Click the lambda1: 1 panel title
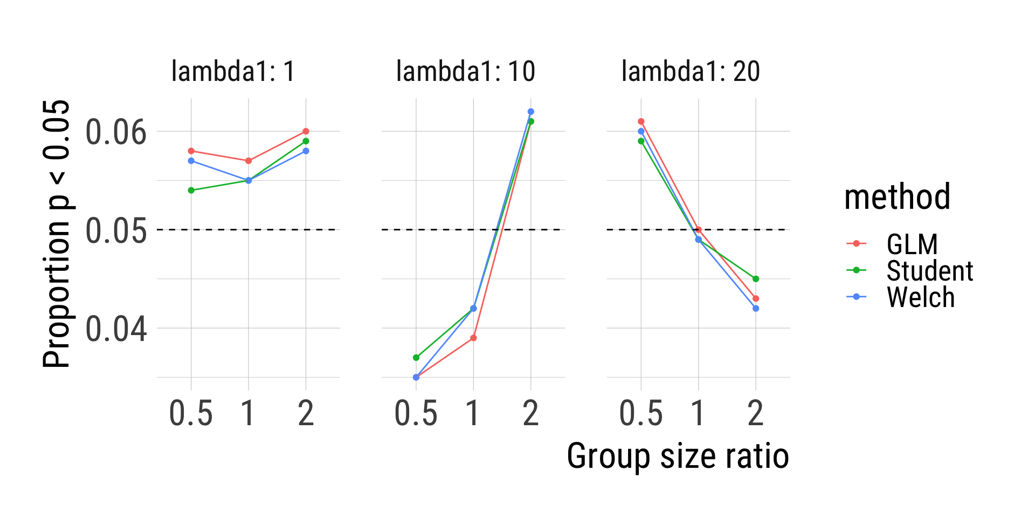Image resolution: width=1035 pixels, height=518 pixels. (233, 71)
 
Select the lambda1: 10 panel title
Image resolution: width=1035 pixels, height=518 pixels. (465, 71)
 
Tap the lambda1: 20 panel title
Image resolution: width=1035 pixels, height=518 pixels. (691, 71)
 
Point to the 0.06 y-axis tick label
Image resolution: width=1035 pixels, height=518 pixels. (116, 132)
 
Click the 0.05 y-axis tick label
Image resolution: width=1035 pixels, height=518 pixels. (116, 230)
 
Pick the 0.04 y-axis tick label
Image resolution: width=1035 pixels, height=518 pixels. (116, 329)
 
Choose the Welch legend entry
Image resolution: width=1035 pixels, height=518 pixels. (920, 297)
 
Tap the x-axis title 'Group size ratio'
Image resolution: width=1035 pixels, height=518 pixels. (678, 456)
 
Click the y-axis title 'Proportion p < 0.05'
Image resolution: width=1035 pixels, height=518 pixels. (56, 234)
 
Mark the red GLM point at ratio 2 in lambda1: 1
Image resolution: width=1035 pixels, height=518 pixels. (306, 131)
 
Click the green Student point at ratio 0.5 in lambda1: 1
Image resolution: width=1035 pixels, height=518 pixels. (191, 190)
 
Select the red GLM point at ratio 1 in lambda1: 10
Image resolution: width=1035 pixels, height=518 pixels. (473, 338)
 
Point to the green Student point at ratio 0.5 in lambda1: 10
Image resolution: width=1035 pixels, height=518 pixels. (416, 358)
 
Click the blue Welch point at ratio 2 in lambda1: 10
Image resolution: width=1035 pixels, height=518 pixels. (531, 112)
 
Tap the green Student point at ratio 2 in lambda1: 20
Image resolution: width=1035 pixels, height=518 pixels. (756, 279)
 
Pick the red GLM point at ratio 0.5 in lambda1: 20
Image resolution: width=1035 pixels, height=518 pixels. (641, 121)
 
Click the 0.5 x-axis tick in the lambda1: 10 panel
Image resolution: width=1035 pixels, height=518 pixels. (416, 414)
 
